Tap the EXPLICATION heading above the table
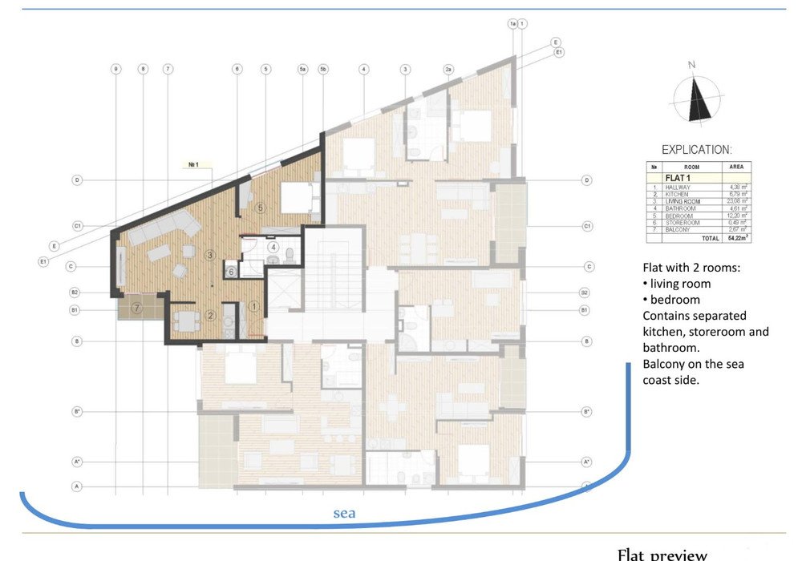click(696, 150)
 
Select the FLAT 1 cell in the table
click(679, 177)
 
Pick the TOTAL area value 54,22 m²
click(735, 239)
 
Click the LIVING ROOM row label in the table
click(683, 201)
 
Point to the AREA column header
click(735, 167)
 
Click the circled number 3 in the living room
click(210, 256)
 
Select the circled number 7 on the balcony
click(137, 307)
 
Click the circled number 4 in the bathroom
click(273, 247)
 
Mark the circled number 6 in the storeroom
click(231, 272)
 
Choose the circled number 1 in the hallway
click(254, 305)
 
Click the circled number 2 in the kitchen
click(210, 315)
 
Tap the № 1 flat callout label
click(193, 165)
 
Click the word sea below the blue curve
click(344, 513)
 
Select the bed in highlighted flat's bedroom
click(296, 197)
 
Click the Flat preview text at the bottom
click(662, 554)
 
